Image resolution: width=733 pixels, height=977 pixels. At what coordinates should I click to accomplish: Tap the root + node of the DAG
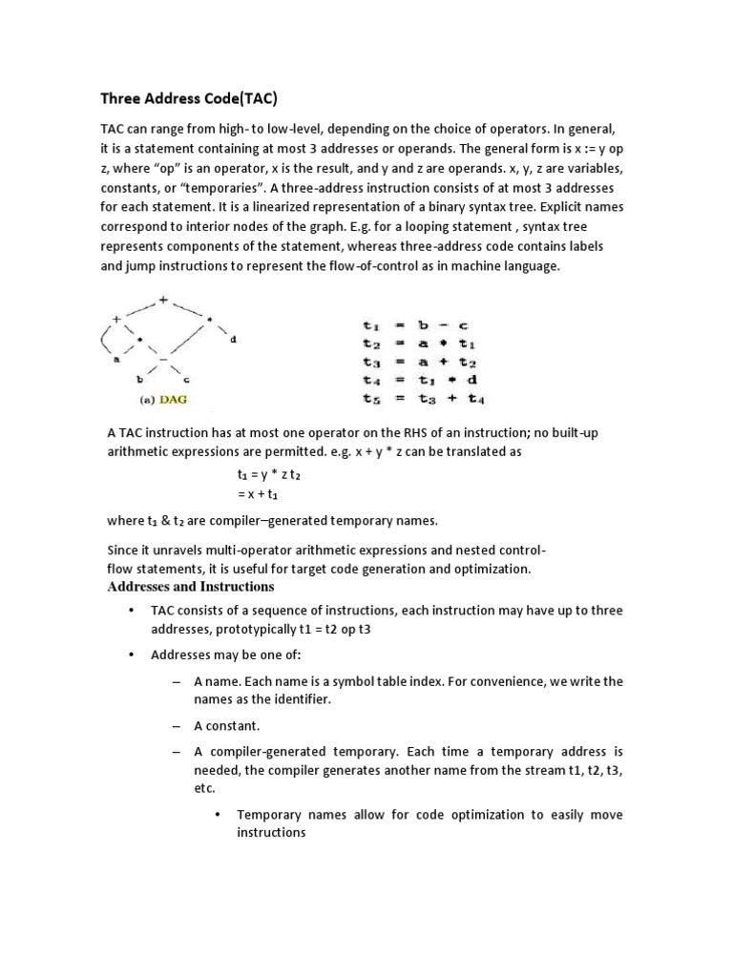(x=163, y=300)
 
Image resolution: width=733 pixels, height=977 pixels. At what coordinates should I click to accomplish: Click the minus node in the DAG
(x=163, y=359)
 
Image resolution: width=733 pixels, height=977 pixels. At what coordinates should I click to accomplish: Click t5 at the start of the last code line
(x=371, y=398)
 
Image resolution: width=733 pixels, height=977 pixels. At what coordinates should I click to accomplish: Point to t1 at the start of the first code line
(x=371, y=325)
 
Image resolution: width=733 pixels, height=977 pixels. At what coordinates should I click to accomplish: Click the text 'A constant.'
(x=227, y=725)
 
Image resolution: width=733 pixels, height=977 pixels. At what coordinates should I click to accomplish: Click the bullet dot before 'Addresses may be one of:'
(x=130, y=655)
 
